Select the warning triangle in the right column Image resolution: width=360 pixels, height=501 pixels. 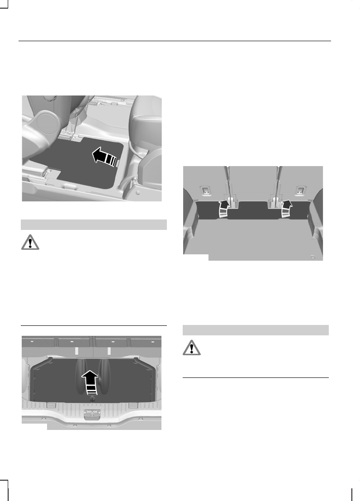(x=191, y=347)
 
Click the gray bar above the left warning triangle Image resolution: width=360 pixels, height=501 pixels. (x=95, y=224)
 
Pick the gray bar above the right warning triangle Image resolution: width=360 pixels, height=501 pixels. (x=256, y=329)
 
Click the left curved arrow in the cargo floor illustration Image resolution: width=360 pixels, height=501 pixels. (x=223, y=210)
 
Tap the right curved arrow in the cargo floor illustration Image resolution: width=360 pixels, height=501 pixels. (x=286, y=209)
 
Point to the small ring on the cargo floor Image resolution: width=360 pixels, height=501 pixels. (x=313, y=257)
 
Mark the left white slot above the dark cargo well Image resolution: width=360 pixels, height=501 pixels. (x=77, y=351)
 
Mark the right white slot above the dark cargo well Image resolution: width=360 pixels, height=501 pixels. (x=109, y=351)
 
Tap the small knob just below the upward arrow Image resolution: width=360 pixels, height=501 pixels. (x=92, y=399)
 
